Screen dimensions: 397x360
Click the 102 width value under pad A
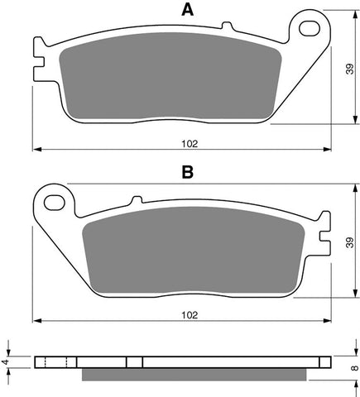point(189,143)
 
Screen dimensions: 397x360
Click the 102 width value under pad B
point(189,314)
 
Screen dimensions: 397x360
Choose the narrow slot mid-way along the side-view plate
point(135,361)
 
